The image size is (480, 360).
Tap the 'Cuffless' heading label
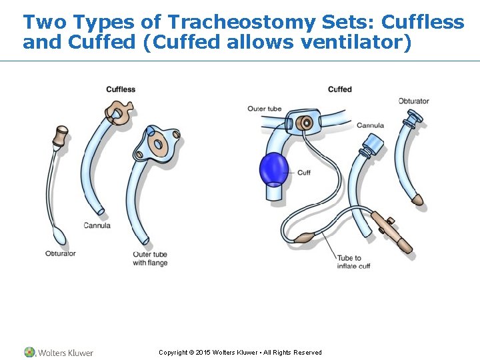click(121, 89)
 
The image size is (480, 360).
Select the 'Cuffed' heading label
click(339, 89)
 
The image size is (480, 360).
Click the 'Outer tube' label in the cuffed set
click(265, 109)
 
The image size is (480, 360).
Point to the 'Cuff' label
click(304, 173)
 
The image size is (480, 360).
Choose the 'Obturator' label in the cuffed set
click(414, 101)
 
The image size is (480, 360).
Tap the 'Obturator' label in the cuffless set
click(61, 253)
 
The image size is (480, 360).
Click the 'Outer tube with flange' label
click(150, 259)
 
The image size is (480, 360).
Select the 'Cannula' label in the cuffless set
click(97, 225)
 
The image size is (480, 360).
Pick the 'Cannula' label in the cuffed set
click(370, 125)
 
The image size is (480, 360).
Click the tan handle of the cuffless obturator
click(61, 137)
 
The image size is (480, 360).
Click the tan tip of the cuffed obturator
click(418, 199)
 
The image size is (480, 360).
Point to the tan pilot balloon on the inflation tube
click(305, 237)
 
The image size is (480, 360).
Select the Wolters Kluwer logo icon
click(29, 352)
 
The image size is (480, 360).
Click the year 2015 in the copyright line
click(203, 353)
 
